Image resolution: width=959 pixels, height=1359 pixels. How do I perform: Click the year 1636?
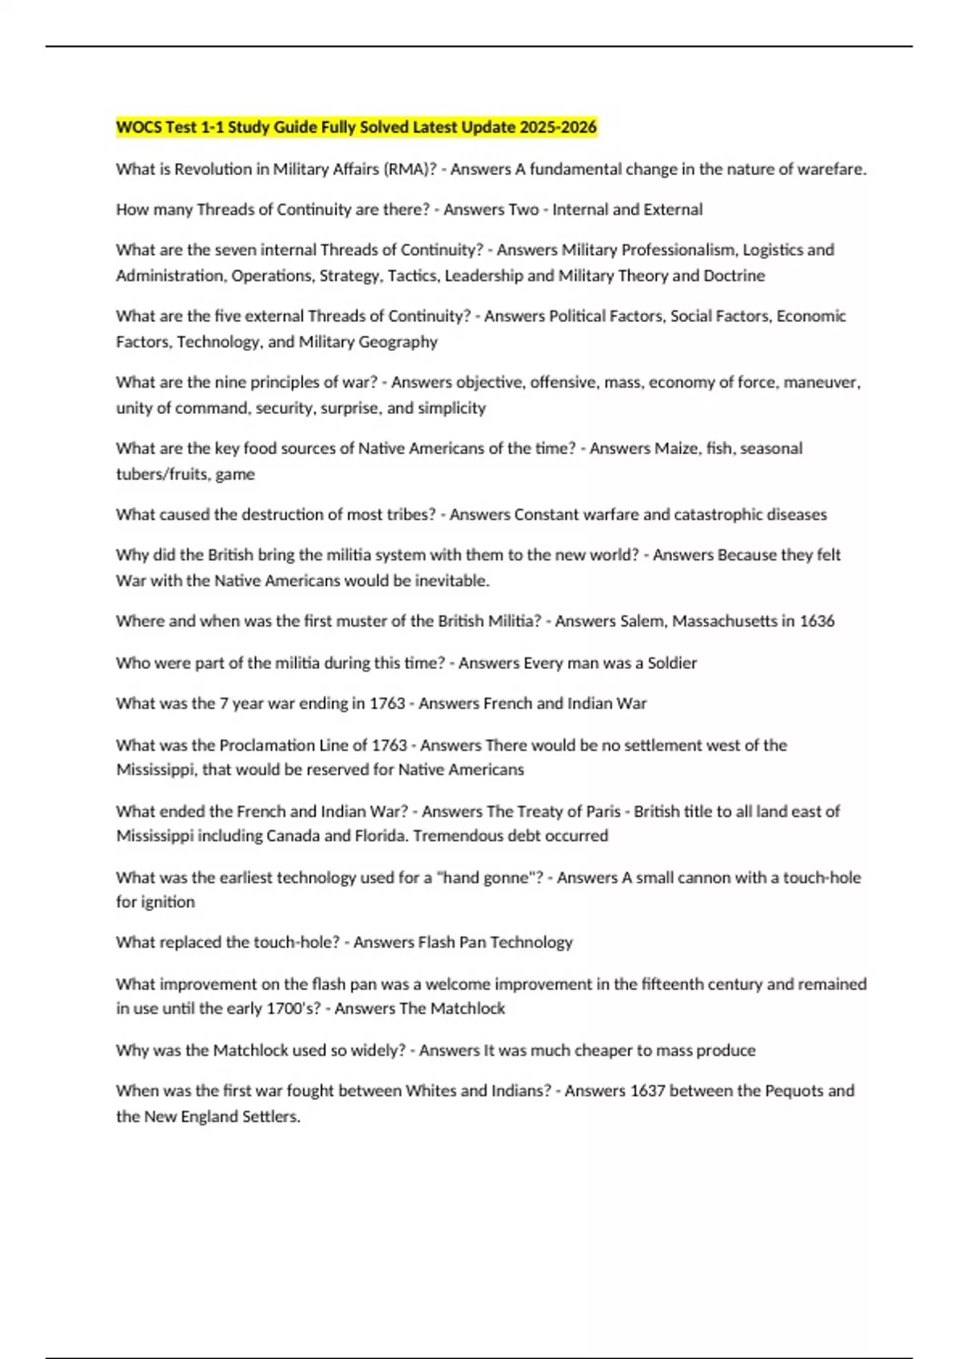point(816,620)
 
